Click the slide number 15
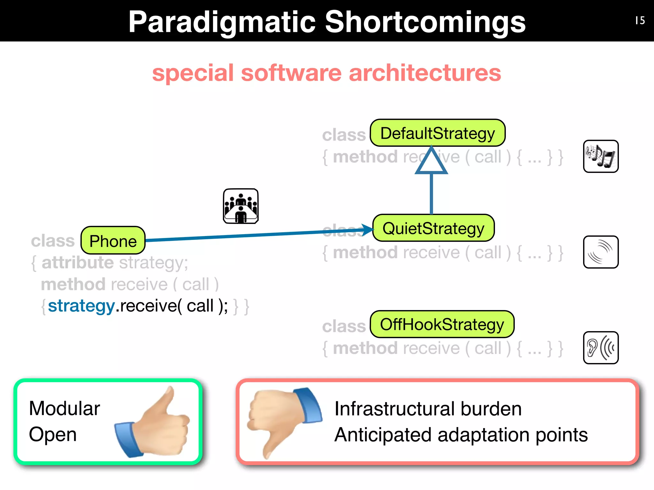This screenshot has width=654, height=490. pyautogui.click(x=640, y=21)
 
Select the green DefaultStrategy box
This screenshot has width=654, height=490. pyautogui.click(x=437, y=133)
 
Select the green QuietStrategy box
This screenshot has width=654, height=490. pyautogui.click(x=433, y=228)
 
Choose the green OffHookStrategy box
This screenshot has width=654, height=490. pyautogui.click(x=442, y=324)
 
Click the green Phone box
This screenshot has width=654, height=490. pyautogui.click(x=113, y=241)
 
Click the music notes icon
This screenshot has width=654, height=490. pyautogui.click(x=601, y=156)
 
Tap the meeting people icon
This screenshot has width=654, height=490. pyautogui.click(x=240, y=206)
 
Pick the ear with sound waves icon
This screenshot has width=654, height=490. pyautogui.click(x=601, y=348)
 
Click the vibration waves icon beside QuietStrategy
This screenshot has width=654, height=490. pyautogui.click(x=601, y=252)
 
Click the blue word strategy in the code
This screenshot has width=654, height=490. pyautogui.click(x=81, y=306)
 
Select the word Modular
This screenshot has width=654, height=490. pyautogui.click(x=65, y=408)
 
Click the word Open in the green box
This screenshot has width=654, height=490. pyautogui.click(x=53, y=434)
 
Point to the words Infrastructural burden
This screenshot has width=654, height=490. pyautogui.click(x=428, y=409)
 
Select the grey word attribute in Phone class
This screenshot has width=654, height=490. pyautogui.click(x=78, y=263)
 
